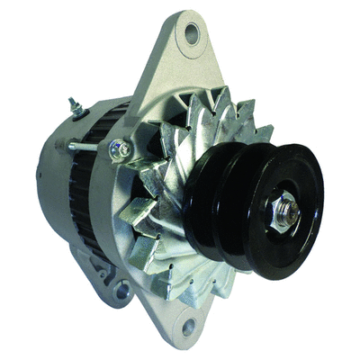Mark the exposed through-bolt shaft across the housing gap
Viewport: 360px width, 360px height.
click(x=89, y=146)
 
